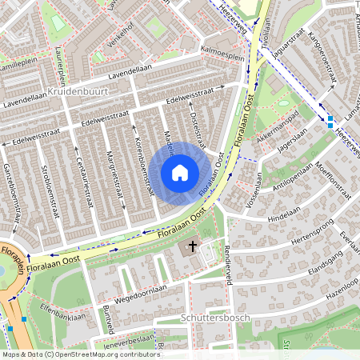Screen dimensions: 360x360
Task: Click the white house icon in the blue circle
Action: click(x=180, y=173)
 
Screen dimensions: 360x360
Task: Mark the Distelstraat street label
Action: click(x=197, y=129)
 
